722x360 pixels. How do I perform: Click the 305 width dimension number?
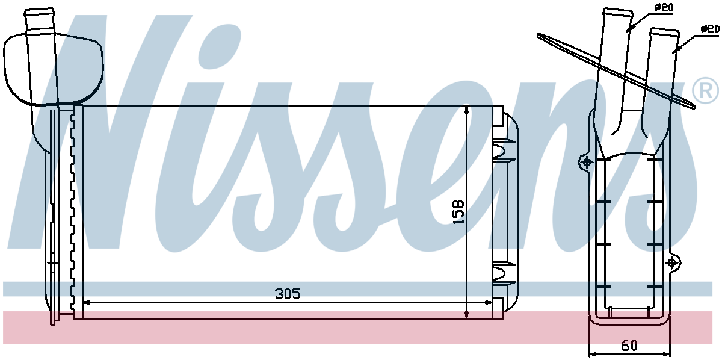click(x=287, y=294)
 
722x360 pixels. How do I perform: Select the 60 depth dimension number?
click(x=629, y=346)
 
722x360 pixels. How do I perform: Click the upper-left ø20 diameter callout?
click(x=663, y=7)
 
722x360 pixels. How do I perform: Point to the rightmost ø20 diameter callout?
click(x=711, y=28)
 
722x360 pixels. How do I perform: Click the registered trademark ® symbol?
click(x=706, y=91)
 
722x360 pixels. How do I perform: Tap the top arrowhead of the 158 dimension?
click(x=467, y=110)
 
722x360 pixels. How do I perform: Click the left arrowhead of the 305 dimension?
click(x=86, y=302)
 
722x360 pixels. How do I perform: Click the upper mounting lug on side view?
click(x=585, y=161)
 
